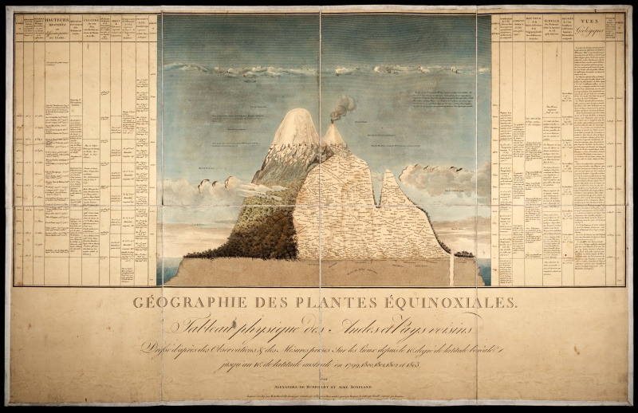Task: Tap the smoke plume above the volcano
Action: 343,106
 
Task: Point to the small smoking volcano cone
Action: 334,134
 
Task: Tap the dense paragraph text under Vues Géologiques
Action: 589,159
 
